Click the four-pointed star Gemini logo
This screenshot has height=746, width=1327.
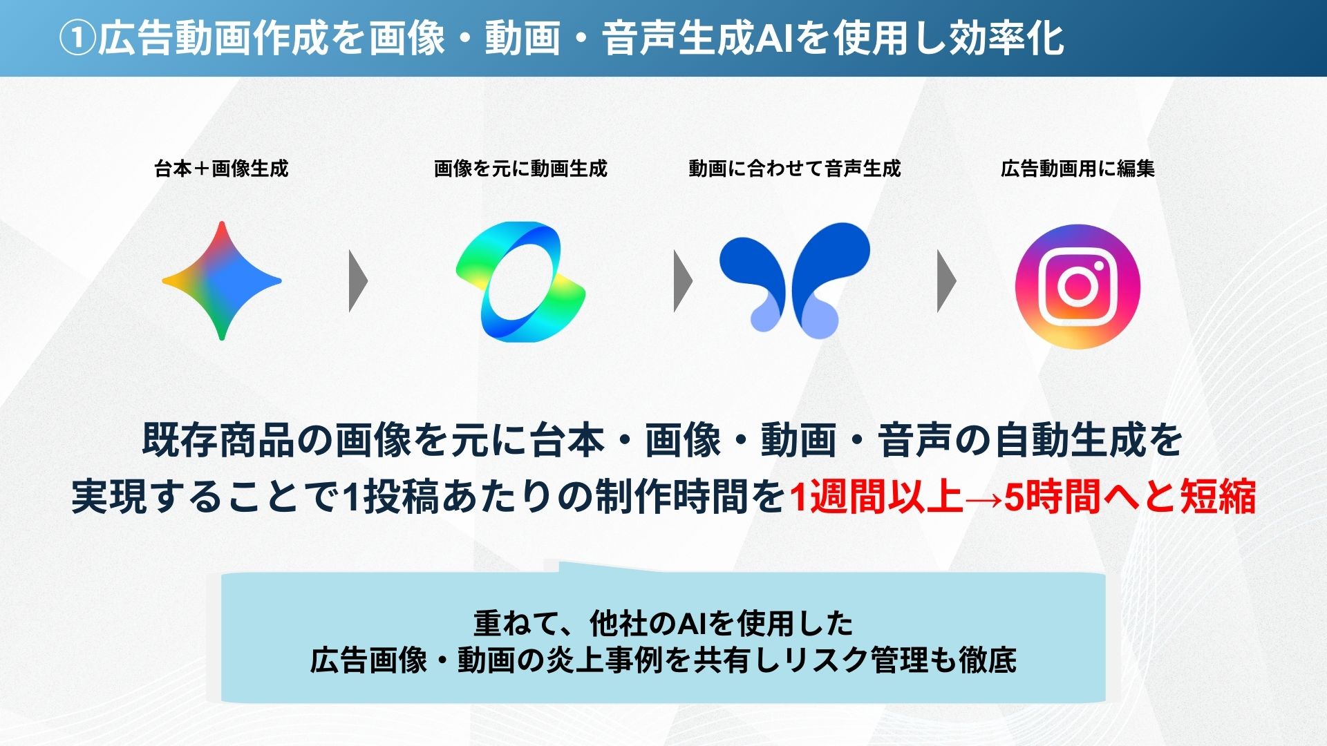[x=222, y=280]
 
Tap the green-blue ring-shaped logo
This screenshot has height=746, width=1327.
[x=520, y=281]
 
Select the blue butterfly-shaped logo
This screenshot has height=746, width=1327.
[x=795, y=280]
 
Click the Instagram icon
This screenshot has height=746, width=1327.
[x=1077, y=286]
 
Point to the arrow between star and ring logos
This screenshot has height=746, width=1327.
[x=358, y=281]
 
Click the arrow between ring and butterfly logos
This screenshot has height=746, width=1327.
[x=683, y=281]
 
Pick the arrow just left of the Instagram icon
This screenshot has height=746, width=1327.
[x=946, y=281]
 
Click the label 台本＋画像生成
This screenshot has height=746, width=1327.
[x=221, y=169]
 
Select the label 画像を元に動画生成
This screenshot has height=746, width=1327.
[x=520, y=169]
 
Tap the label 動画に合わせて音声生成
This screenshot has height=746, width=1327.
[x=795, y=169]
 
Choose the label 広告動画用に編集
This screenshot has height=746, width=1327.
[x=1077, y=169]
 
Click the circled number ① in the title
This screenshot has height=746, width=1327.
[x=77, y=38]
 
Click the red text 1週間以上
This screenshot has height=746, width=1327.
[x=876, y=497]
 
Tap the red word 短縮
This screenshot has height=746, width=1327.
[x=1218, y=497]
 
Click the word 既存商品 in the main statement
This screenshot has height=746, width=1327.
[x=218, y=440]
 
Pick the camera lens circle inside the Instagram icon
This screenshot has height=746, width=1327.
[x=1076, y=285]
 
